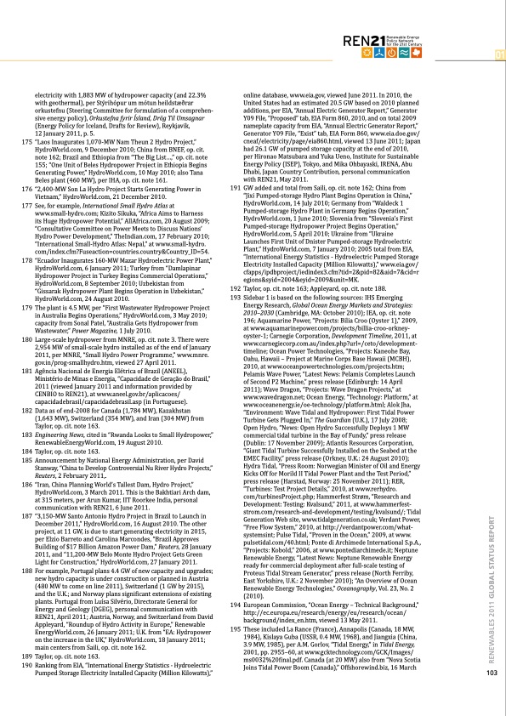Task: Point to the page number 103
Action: (490, 696)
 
